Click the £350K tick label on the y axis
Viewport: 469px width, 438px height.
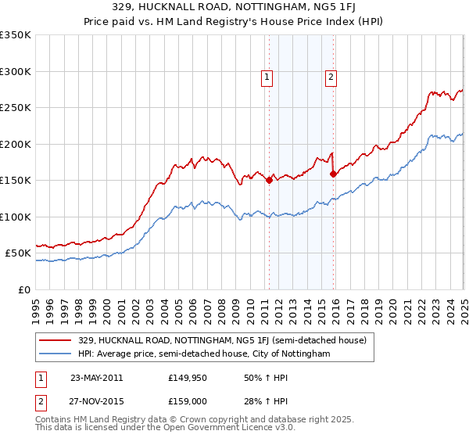click(16, 35)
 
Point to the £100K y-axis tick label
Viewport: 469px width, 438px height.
click(16, 217)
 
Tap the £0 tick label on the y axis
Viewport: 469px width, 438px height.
click(23, 289)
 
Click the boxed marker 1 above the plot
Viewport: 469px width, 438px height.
click(267, 77)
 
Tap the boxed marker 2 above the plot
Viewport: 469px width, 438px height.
click(331, 77)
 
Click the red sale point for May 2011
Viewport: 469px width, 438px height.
click(269, 180)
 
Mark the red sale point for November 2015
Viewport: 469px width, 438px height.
click(333, 174)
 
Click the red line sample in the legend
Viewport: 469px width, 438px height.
click(55, 340)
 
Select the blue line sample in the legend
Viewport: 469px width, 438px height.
click(55, 354)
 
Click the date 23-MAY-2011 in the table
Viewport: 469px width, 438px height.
click(97, 379)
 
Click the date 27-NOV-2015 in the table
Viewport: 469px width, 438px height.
click(97, 401)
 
